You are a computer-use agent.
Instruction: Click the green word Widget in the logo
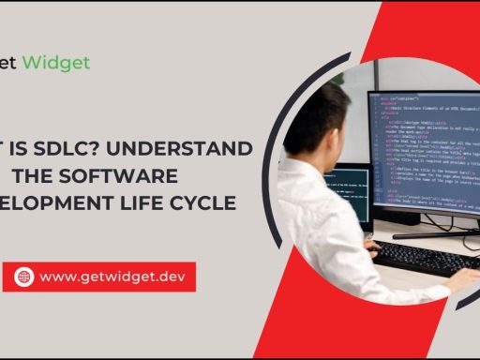point(57,63)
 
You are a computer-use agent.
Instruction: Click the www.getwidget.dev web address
point(113,277)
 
